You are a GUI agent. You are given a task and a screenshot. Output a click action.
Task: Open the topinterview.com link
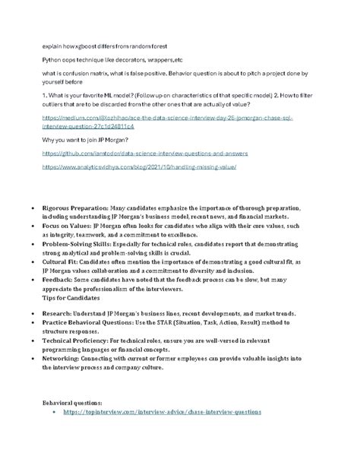click(163, 411)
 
